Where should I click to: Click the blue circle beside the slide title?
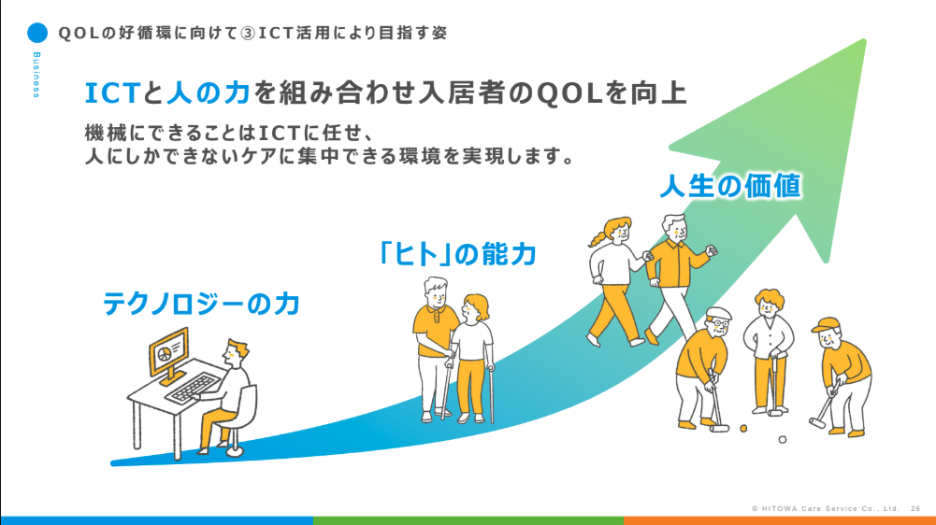point(36,33)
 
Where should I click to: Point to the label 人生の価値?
point(731,186)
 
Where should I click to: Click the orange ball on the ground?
point(744,429)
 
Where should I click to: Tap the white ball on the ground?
point(783,438)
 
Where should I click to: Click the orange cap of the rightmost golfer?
point(825,326)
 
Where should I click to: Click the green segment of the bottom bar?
point(468,519)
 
